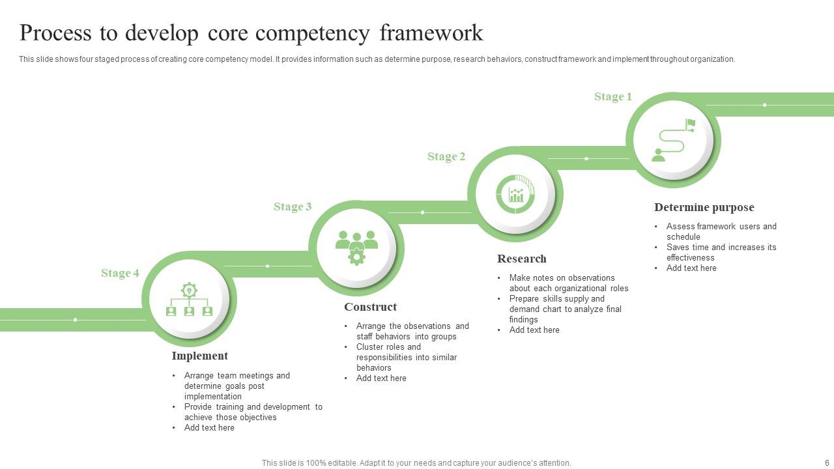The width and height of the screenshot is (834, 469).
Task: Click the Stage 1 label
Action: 612,97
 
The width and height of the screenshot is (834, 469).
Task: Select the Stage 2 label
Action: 446,157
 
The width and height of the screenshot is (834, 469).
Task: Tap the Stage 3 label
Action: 293,207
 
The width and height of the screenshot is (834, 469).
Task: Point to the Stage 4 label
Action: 120,274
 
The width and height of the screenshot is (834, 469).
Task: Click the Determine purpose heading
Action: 704,208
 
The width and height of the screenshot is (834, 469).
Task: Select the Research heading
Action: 521,259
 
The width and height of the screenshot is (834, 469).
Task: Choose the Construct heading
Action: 370,307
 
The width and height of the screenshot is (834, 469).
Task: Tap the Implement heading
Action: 199,356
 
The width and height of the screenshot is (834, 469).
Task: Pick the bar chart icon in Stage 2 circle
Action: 515,194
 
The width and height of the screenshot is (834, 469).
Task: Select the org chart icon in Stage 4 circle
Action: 189,300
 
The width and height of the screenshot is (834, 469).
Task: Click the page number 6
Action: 827,463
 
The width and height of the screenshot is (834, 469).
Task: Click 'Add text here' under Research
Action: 534,330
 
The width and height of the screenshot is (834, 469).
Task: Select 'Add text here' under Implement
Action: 209,428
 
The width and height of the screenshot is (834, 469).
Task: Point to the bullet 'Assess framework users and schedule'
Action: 721,231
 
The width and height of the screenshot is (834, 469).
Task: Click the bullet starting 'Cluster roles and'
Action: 406,357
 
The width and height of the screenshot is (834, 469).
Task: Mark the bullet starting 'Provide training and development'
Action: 253,412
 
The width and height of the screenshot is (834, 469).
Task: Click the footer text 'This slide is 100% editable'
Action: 416,463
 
